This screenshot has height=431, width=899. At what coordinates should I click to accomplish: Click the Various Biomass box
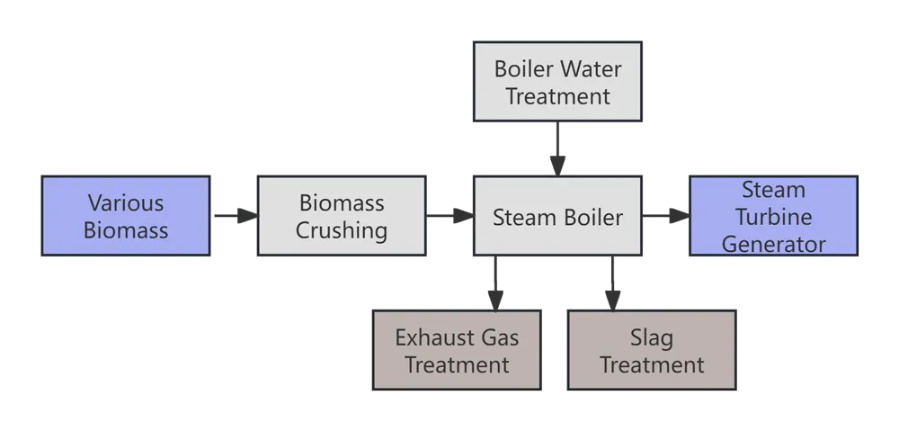coord(126,216)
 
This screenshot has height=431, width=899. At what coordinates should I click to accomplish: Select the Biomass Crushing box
coord(342,216)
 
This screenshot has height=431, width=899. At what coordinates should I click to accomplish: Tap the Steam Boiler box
coord(557,216)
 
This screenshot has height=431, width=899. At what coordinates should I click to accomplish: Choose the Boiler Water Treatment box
coord(557,82)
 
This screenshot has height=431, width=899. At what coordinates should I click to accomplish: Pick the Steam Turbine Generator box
coord(773,216)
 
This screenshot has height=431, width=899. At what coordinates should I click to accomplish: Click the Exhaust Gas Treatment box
coord(457,351)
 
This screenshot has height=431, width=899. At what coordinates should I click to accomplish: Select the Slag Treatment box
coord(652,351)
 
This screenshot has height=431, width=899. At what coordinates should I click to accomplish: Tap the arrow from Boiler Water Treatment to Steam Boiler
coord(557,148)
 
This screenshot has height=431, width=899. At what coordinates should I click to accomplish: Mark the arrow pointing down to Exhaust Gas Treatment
coord(494,283)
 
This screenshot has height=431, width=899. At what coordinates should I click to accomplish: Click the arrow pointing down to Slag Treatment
coord(612,283)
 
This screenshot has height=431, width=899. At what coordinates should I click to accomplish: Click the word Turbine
coord(773,217)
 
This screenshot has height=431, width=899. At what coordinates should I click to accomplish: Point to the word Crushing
coord(342,230)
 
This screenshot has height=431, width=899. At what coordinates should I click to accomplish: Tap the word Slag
coord(652,338)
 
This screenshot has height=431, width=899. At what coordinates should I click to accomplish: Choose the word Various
coord(126,202)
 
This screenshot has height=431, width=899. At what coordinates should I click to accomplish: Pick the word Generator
coord(773,243)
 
